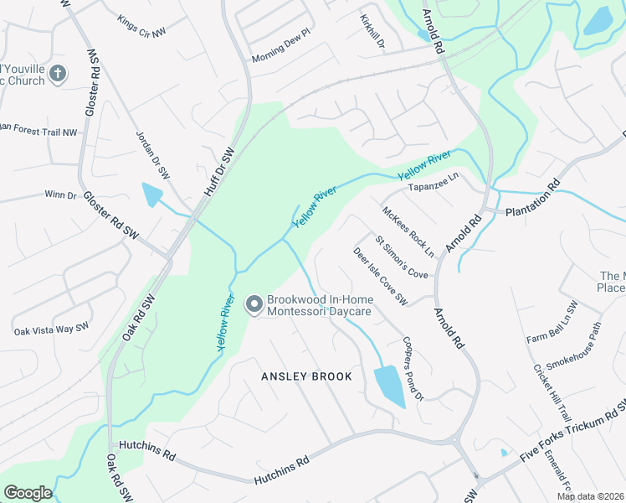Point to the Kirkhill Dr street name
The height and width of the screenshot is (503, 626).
coord(372,31)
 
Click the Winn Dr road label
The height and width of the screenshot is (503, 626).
coord(60,195)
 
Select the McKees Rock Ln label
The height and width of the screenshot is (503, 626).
coord(408,232)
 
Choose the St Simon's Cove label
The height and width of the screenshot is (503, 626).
coord(402,257)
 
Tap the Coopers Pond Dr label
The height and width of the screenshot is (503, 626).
coord(413,368)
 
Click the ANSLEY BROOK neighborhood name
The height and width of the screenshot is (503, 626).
coord(306,376)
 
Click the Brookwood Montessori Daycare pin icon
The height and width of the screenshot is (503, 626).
coord(254,304)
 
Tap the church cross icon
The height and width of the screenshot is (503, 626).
coord(58,74)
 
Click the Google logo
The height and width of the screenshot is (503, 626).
coord(28,492)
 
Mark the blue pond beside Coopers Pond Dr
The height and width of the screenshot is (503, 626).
coord(388,385)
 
